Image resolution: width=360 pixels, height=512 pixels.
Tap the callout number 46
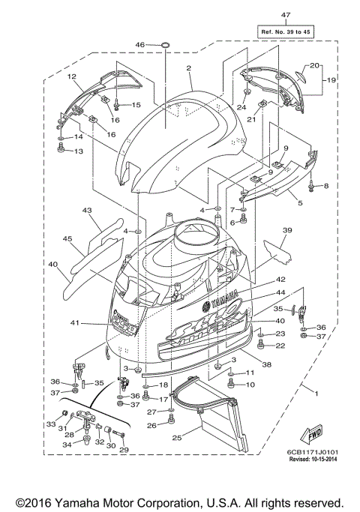click(139, 46)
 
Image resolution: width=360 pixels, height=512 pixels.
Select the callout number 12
click(73, 76)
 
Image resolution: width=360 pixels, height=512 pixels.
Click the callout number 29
click(124, 450)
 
